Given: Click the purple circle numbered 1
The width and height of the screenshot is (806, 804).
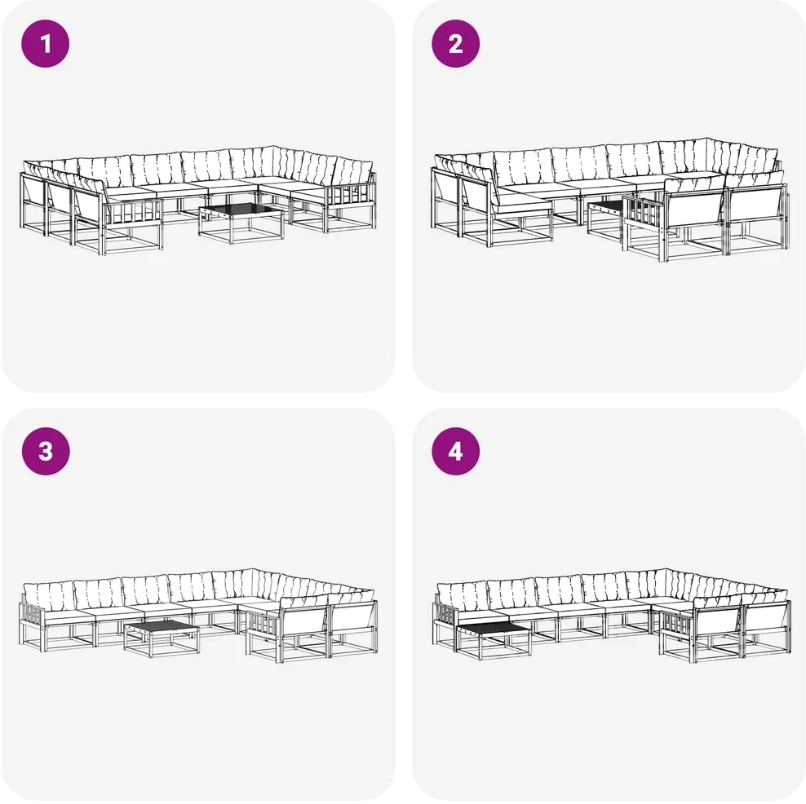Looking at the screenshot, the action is click(x=45, y=44).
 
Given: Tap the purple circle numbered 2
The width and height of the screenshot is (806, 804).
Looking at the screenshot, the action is click(x=455, y=44).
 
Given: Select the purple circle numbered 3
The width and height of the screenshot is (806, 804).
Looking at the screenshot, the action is click(x=45, y=451).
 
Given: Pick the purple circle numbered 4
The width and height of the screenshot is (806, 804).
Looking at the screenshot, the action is click(x=455, y=451).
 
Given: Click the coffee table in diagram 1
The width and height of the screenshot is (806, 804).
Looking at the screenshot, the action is click(x=241, y=223).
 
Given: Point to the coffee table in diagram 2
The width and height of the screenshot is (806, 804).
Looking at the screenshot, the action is click(x=608, y=221).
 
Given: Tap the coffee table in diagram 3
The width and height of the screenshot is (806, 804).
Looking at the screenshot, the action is click(x=162, y=638).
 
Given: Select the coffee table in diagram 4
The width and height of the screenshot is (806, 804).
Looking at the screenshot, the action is click(x=494, y=640).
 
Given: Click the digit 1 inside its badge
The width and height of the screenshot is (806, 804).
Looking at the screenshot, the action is click(x=46, y=44).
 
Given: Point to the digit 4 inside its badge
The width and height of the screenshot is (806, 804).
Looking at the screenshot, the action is click(x=455, y=451).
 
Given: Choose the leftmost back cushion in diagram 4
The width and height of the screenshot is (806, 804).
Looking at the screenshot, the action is click(x=462, y=596).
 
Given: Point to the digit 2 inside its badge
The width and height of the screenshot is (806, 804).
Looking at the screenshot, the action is click(x=455, y=44).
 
